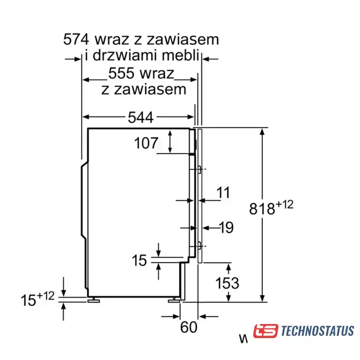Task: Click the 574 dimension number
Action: click(x=76, y=39)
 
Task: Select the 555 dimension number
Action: click(x=121, y=74)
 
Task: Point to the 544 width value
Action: click(x=141, y=118)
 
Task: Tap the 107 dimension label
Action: click(x=146, y=143)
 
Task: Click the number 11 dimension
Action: click(x=223, y=192)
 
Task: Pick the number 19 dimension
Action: click(x=227, y=227)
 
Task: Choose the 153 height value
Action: click(x=227, y=283)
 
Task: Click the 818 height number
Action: click(x=262, y=209)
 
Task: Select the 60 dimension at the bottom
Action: click(x=188, y=327)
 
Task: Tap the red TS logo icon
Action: click(x=265, y=331)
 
